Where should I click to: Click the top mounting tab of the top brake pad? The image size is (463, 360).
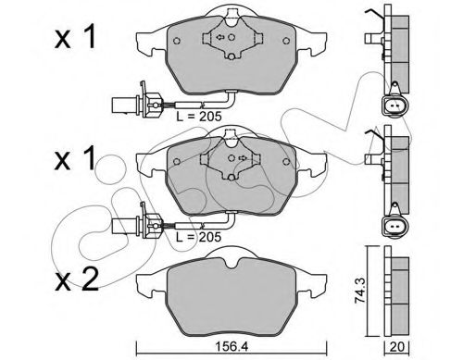coord(227,15)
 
